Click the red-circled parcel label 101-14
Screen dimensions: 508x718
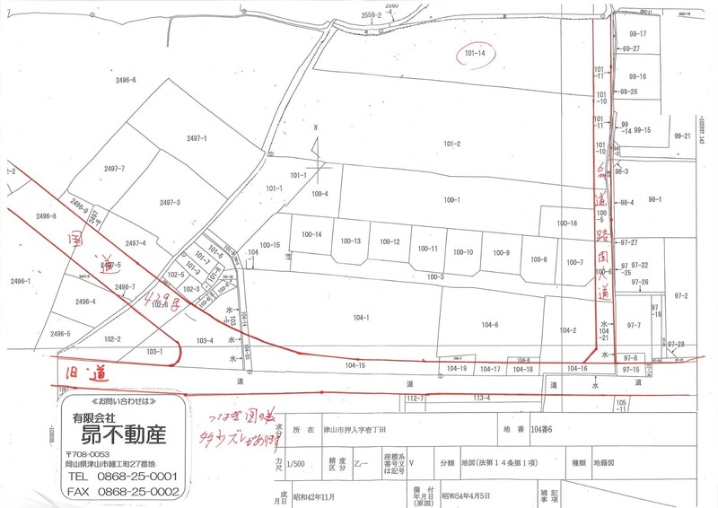(476, 54)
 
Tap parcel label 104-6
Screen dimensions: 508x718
(489, 324)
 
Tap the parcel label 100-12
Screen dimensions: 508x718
(390, 242)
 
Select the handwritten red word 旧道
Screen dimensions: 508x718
(79, 371)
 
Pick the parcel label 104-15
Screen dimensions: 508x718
(355, 365)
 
